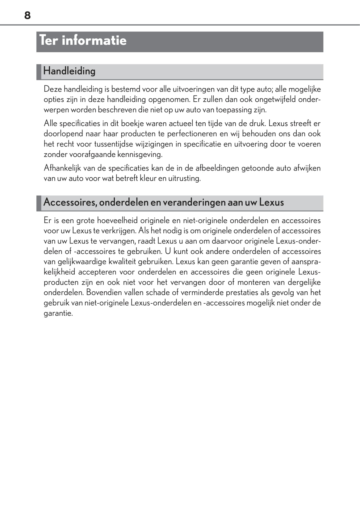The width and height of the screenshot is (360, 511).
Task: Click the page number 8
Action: (27, 15)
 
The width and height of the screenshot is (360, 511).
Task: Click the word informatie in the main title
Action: (94, 40)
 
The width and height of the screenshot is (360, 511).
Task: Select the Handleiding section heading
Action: (69, 71)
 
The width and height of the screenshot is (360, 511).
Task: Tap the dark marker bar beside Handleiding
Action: (39, 72)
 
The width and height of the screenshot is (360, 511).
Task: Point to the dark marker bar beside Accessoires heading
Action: (39, 203)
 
